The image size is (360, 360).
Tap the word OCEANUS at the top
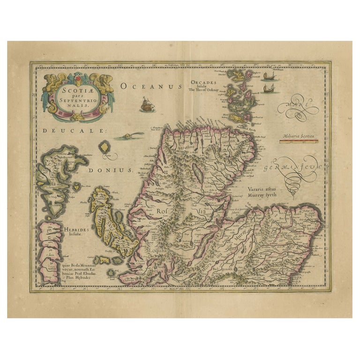[150, 86]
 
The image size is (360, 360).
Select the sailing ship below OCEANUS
[147, 105]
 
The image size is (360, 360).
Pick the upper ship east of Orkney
[269, 76]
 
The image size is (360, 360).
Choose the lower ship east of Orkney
[268, 88]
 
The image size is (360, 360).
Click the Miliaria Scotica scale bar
[299, 141]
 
